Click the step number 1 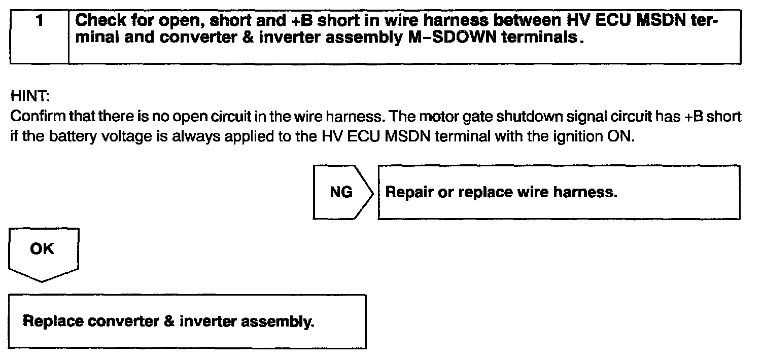pos(39,22)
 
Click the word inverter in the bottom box pos(207,321)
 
